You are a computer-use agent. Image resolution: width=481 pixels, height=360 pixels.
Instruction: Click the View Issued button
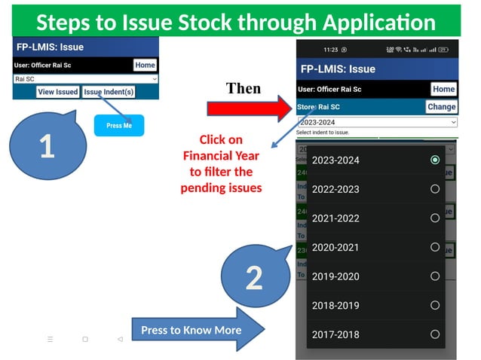(58, 92)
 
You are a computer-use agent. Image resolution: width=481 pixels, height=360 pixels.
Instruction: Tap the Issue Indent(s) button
(109, 92)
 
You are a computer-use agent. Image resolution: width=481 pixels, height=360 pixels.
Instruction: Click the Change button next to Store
(441, 107)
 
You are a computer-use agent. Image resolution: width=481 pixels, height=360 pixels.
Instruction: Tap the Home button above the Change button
(443, 89)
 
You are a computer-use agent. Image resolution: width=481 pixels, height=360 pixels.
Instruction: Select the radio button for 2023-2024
(435, 160)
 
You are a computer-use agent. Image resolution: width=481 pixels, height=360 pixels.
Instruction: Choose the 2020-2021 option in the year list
(335, 247)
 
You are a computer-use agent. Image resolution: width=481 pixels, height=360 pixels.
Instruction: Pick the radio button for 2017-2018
(435, 334)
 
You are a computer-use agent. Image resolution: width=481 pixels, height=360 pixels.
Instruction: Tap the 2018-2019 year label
(335, 306)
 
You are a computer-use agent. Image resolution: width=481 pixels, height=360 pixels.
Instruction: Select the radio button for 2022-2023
(435, 189)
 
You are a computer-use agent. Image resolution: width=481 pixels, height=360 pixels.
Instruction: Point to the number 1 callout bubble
(47, 145)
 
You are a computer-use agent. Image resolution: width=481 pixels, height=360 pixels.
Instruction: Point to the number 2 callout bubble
(254, 276)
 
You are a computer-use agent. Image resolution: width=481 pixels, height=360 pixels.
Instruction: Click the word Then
(243, 88)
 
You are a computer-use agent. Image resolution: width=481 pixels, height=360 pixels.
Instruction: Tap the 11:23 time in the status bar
(330, 50)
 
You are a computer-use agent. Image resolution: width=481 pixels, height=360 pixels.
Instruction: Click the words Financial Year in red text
(221, 156)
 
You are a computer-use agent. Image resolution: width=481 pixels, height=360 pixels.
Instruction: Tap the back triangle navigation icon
(120, 340)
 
